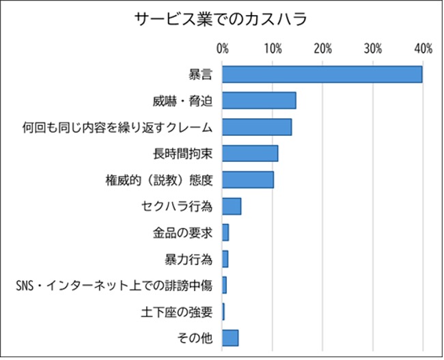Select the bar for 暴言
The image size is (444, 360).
[322, 74]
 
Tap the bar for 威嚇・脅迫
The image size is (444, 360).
[259, 100]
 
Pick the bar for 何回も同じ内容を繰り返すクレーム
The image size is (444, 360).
[257, 127]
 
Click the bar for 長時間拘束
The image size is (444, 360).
[250, 153]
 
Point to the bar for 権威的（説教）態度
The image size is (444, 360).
[248, 180]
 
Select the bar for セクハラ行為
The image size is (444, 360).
[232, 206]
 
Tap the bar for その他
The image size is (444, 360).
[230, 337]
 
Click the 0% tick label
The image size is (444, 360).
[223, 49]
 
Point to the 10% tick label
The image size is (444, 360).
[273, 49]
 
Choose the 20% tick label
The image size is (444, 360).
[323, 49]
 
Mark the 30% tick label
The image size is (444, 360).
[373, 49]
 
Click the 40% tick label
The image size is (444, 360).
[423, 49]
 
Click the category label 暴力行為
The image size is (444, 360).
[188, 260]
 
